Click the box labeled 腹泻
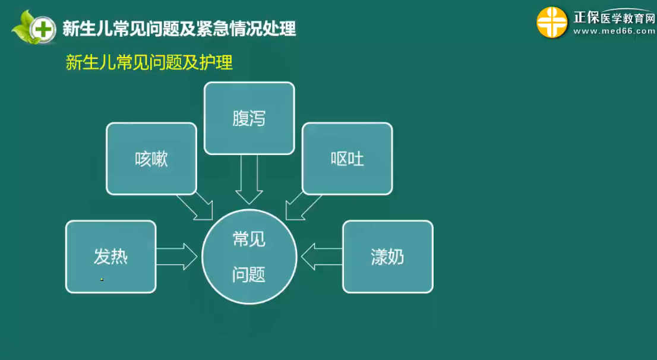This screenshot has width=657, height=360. click(249, 118)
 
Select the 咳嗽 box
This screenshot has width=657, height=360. click(151, 159)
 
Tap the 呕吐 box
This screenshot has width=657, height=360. click(347, 159)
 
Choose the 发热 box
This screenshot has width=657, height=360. click(110, 257)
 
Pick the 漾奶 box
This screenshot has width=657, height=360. click(387, 257)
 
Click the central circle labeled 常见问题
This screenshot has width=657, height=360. click(249, 257)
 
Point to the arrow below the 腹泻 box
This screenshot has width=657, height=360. click(249, 179)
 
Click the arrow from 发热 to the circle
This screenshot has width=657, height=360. click(176, 257)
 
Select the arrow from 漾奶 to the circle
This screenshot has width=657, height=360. click(322, 257)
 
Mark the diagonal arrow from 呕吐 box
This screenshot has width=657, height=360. click(304, 206)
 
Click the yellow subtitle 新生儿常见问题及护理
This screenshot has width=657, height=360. click(149, 63)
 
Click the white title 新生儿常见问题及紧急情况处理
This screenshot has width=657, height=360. click(179, 29)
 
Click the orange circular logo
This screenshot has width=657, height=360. click(552, 22)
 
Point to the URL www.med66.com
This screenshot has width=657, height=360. click(614, 31)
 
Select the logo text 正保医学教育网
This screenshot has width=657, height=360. click(614, 18)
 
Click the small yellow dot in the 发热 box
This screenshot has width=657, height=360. click(102, 279)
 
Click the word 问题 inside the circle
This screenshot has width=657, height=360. click(249, 275)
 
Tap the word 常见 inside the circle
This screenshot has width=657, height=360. click(249, 239)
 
